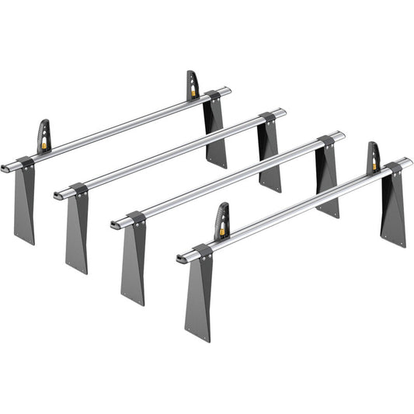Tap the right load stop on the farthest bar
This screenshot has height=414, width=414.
tap(192, 84)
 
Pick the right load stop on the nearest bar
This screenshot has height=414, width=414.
tap(374, 156)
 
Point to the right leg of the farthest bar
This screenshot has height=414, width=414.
tap(215, 132)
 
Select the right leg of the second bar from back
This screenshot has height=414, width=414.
tap(269, 155)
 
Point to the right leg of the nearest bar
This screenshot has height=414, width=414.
tap(393, 206)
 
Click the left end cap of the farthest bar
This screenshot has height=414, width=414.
tap(4, 167)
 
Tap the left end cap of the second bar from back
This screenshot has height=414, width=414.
tap(57, 196)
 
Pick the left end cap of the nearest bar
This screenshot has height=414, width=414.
tap(179, 257)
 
